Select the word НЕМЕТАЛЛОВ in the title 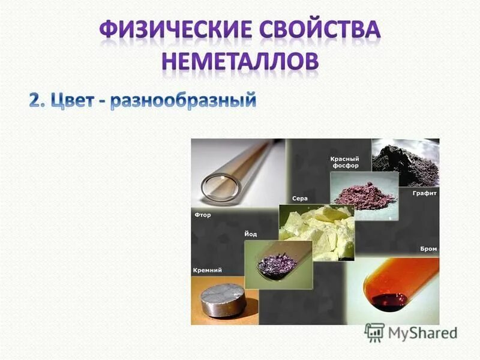(240, 62)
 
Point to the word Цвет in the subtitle (73, 100)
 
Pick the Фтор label (202, 214)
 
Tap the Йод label (250, 234)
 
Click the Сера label (300, 198)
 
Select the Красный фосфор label (344, 163)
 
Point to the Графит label (424, 194)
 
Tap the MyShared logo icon (375, 332)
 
